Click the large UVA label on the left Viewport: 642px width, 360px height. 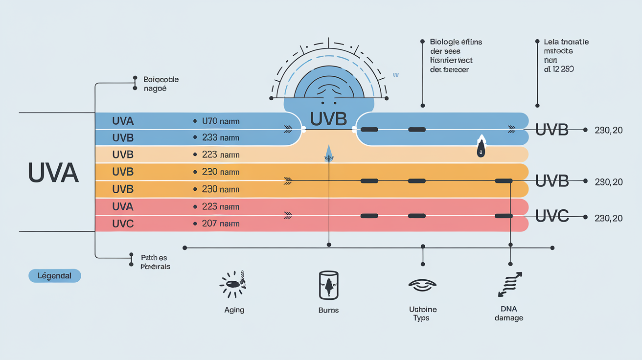tap(53, 173)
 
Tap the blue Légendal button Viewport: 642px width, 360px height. tap(55, 276)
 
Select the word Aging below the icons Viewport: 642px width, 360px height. tap(234, 310)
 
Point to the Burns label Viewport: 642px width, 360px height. tap(328, 310)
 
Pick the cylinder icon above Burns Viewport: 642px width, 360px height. tap(328, 285)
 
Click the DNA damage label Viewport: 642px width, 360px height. tap(509, 314)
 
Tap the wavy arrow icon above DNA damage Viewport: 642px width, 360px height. tap(509, 285)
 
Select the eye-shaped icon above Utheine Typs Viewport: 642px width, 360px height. tap(421, 284)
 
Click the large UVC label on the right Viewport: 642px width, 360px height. tap(552, 216)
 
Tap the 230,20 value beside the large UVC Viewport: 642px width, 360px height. tap(609, 218)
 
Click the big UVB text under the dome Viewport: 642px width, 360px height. tap(329, 119)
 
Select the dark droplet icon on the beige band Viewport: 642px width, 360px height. tap(481, 148)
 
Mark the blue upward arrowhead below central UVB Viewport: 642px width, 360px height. tap(328, 152)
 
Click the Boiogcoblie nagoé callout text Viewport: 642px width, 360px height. tap(161, 84)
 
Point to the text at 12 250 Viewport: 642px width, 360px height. tap(559, 69)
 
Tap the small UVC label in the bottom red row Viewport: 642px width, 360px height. tap(123, 224)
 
